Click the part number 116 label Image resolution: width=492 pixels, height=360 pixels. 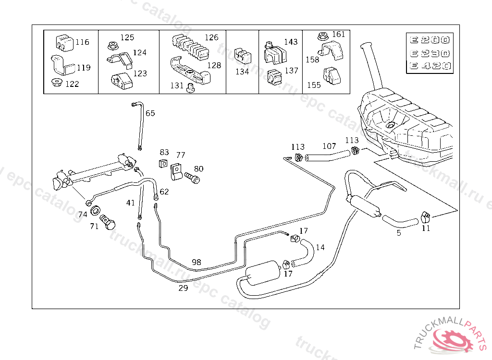82,42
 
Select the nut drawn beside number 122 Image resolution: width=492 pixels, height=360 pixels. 57,83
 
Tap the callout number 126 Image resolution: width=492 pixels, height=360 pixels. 211,37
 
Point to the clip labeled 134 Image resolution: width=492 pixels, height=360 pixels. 243,56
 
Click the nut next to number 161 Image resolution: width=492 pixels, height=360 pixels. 322,36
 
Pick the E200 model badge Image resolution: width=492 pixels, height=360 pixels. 430,40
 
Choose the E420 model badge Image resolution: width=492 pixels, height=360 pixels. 430,66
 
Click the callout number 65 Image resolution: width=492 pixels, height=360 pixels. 150,113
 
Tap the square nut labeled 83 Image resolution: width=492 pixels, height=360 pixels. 163,163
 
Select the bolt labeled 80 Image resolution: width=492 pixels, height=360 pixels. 192,177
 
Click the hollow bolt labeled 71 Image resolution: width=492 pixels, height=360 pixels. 108,222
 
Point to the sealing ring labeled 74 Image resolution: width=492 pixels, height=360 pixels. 95,211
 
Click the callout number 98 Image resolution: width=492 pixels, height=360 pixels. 197,262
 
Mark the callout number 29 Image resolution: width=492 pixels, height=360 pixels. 183,288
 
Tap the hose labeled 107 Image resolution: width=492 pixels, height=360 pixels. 327,156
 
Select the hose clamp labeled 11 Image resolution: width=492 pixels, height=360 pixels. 425,216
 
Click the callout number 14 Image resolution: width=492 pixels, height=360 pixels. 320,247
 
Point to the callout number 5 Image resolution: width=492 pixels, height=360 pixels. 399,233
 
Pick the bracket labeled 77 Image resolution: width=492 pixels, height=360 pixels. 176,172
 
